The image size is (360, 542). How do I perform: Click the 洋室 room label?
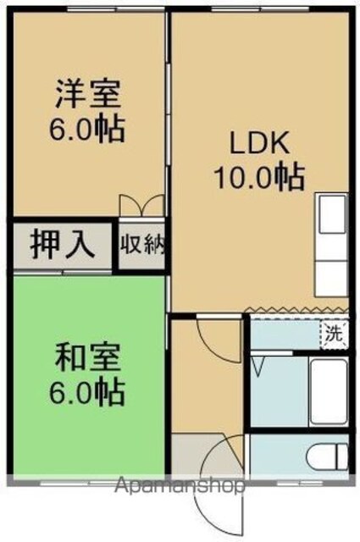(88, 93)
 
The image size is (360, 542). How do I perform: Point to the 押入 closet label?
(62, 245)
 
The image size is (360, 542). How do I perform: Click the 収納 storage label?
(142, 244)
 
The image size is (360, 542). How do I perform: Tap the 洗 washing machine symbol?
(334, 335)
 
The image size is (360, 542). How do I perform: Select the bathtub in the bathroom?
(329, 393)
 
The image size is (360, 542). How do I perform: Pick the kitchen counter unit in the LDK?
(331, 245)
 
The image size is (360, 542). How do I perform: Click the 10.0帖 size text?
(260, 177)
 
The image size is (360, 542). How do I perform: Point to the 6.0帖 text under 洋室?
(87, 129)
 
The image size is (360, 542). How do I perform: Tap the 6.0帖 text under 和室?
(87, 392)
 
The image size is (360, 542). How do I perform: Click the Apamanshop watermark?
(180, 486)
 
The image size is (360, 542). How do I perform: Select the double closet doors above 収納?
(141, 206)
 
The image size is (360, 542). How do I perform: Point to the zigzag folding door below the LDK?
(298, 309)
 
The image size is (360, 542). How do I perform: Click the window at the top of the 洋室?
(115, 9)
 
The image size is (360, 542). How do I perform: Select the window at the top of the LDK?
(260, 9)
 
